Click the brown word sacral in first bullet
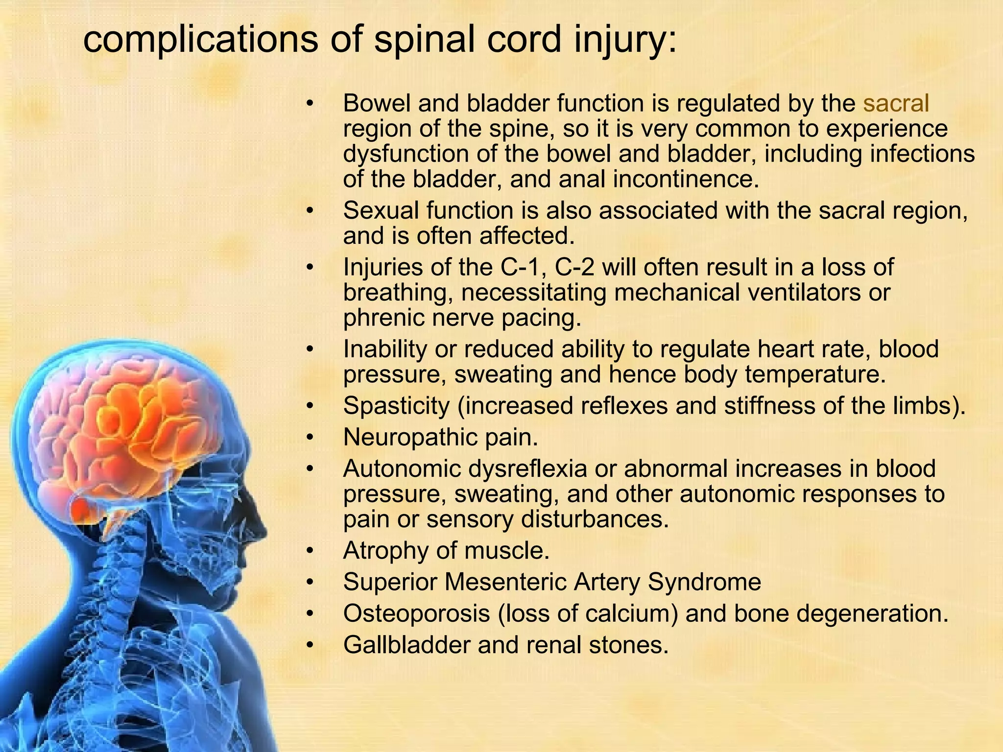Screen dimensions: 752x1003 tap(896, 104)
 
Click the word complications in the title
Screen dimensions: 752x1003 tap(200, 40)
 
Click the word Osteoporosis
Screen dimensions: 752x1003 tap(416, 613)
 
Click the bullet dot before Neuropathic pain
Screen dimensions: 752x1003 tap(309, 437)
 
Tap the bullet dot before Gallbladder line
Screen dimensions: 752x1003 tap(309, 644)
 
